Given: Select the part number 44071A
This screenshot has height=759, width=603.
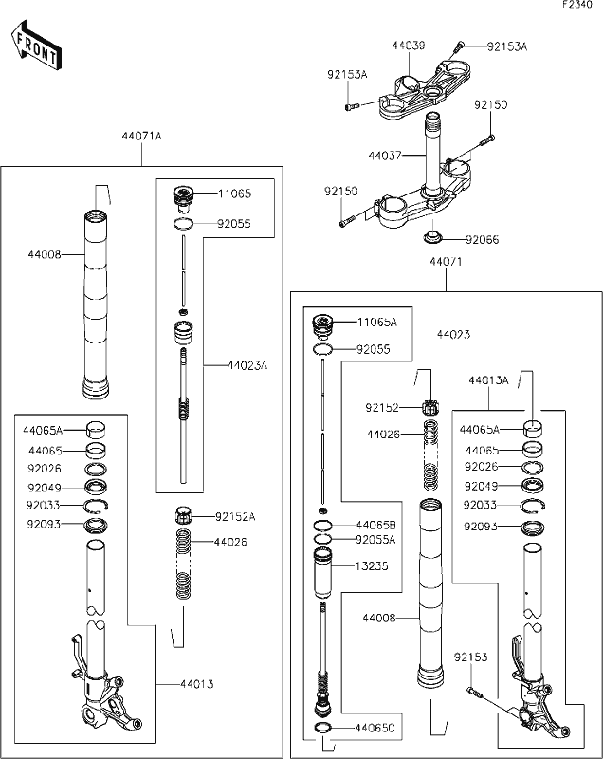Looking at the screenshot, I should [x=141, y=137].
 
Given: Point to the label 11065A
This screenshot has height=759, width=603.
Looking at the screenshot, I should [x=377, y=323].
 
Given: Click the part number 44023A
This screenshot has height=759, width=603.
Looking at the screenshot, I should [x=248, y=364].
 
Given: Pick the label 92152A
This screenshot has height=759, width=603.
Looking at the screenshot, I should [x=236, y=517].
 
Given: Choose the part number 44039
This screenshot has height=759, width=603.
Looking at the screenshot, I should [x=409, y=46].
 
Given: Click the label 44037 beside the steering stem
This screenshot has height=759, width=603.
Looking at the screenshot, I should [x=385, y=154].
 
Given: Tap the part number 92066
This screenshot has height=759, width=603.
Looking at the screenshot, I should [x=485, y=239].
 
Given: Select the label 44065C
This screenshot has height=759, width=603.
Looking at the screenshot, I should [x=375, y=729].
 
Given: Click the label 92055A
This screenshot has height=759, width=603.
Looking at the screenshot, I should [x=375, y=539].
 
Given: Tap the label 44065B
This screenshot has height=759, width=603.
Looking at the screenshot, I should [x=375, y=524].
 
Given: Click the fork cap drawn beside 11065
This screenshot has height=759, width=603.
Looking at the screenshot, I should [x=183, y=196].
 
